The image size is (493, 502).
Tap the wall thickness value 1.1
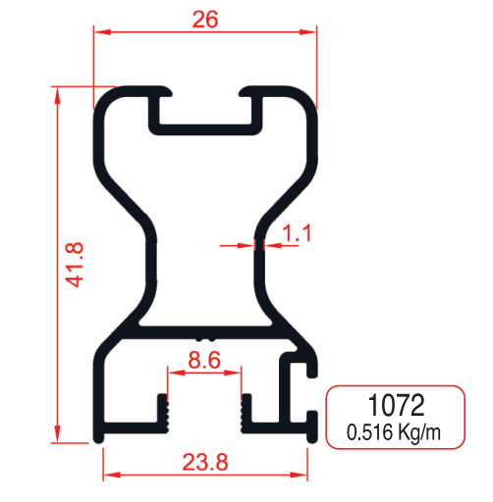coord(297,233)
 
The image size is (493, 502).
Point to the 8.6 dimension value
coord(203,360)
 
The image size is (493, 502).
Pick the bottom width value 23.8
coord(205,460)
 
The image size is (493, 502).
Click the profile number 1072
coord(395,406)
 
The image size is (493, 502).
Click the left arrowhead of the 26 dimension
coord(100,32)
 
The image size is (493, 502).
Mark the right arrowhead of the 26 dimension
coord(311,32)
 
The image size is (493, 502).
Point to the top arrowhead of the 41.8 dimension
coord(59,93)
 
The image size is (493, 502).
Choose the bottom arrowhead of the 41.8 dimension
coord(59,437)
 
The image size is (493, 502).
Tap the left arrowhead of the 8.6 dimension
coord(173,373)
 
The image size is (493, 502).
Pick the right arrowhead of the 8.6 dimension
coord(236,373)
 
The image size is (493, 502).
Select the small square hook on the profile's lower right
coord(299,370)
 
